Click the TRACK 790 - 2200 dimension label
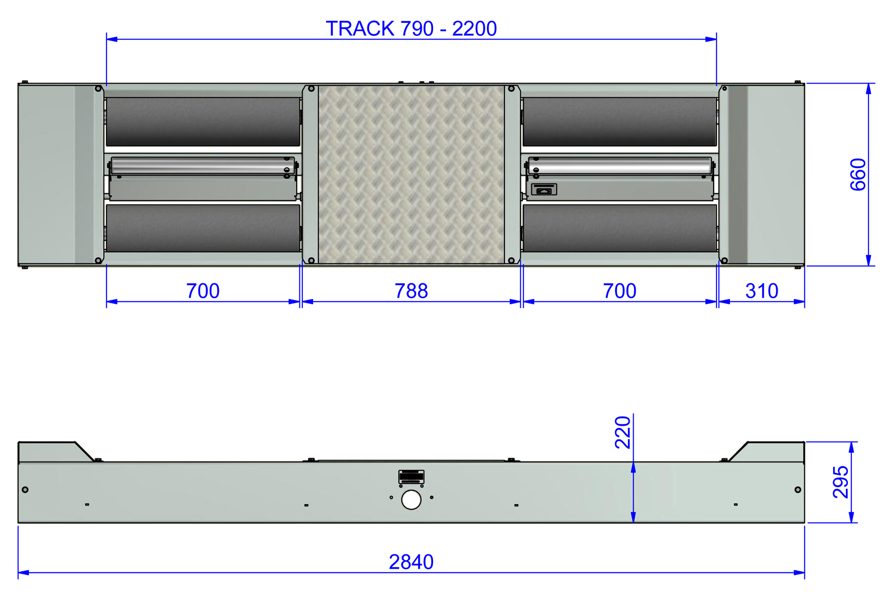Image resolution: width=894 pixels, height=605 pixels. click(411, 29)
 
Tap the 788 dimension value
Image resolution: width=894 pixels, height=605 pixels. click(411, 291)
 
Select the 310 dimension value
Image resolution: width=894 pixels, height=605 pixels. click(762, 291)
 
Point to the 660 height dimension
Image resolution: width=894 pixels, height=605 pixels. click(858, 175)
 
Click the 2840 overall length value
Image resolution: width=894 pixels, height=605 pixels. click(411, 562)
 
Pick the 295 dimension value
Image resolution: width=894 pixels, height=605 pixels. click(841, 482)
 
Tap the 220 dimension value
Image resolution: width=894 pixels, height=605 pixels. click(622, 432)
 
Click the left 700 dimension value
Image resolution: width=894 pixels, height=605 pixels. click(203, 291)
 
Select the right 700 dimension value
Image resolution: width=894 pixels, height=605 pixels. click(620, 291)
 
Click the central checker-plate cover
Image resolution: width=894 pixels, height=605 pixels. click(411, 175)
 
